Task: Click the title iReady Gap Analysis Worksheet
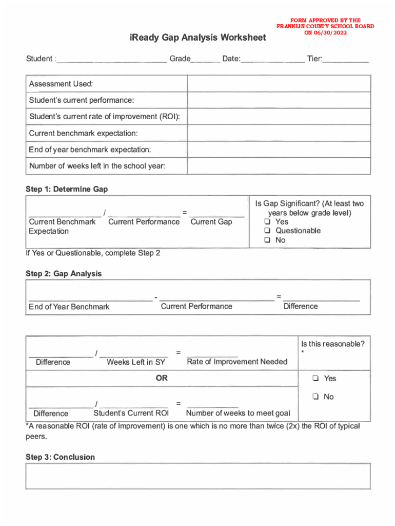(197, 38)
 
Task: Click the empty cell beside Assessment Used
(279, 84)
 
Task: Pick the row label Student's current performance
(82, 100)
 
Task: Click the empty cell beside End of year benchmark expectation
(279, 149)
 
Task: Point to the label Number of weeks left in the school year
(97, 166)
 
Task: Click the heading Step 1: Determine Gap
(67, 189)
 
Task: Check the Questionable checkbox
(267, 231)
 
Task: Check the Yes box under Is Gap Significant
(267, 221)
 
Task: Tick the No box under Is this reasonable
(315, 397)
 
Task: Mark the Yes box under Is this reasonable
(315, 379)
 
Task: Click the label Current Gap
(211, 222)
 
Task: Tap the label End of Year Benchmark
(69, 307)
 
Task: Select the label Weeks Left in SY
(136, 362)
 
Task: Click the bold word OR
(162, 378)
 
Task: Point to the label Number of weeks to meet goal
(238, 413)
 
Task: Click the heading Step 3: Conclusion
(60, 457)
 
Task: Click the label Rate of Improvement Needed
(237, 362)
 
